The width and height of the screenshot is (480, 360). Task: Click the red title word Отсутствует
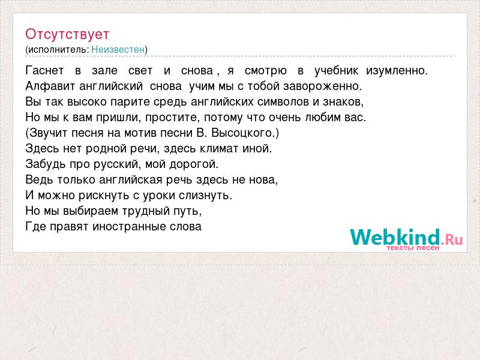67,34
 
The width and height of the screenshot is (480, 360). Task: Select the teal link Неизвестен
118,49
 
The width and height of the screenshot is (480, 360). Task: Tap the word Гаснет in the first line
44,70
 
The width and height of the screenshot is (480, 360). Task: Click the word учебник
337,71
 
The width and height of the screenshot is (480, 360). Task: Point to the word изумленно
397,71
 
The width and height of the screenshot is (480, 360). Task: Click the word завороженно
323,86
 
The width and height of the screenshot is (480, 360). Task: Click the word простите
173,117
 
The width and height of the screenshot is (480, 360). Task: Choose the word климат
219,148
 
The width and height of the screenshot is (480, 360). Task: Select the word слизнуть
206,196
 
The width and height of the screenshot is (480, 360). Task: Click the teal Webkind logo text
395,237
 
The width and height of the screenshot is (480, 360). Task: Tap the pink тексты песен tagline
413,248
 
